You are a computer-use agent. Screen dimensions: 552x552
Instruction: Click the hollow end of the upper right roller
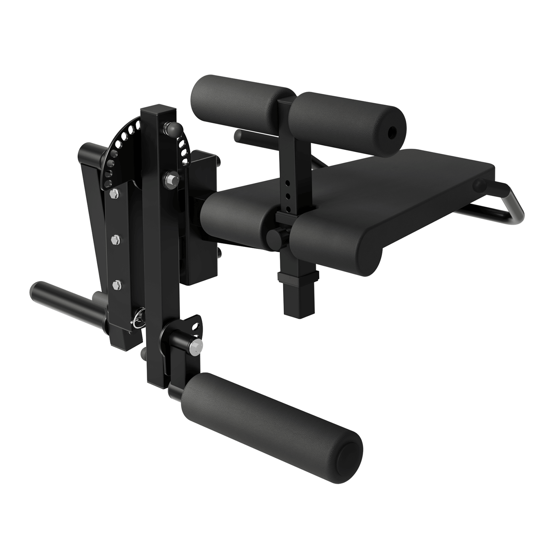coord(393,131)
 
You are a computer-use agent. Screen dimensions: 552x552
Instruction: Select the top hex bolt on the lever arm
coord(114,195)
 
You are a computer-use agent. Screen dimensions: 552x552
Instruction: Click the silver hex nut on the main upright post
coord(171,179)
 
